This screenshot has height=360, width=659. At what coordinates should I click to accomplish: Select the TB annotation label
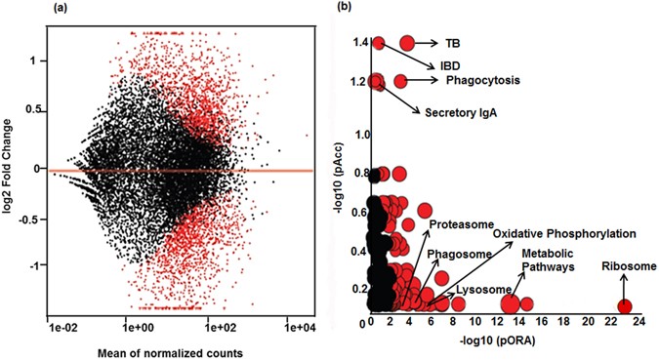(x=453, y=44)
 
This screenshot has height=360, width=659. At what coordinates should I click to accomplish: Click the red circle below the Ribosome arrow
(x=625, y=306)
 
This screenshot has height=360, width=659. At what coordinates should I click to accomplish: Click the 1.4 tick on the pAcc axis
(x=358, y=43)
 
